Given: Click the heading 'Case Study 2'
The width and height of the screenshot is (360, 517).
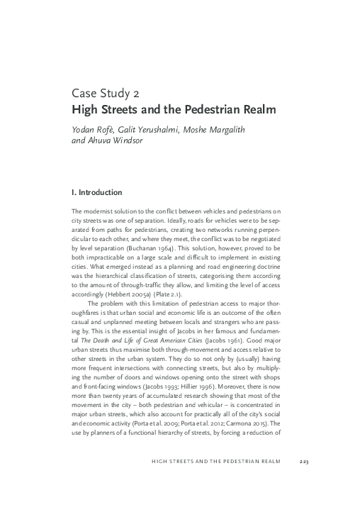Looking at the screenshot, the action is (x=110, y=94).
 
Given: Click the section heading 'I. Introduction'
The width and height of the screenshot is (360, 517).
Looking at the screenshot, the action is (x=98, y=192).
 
